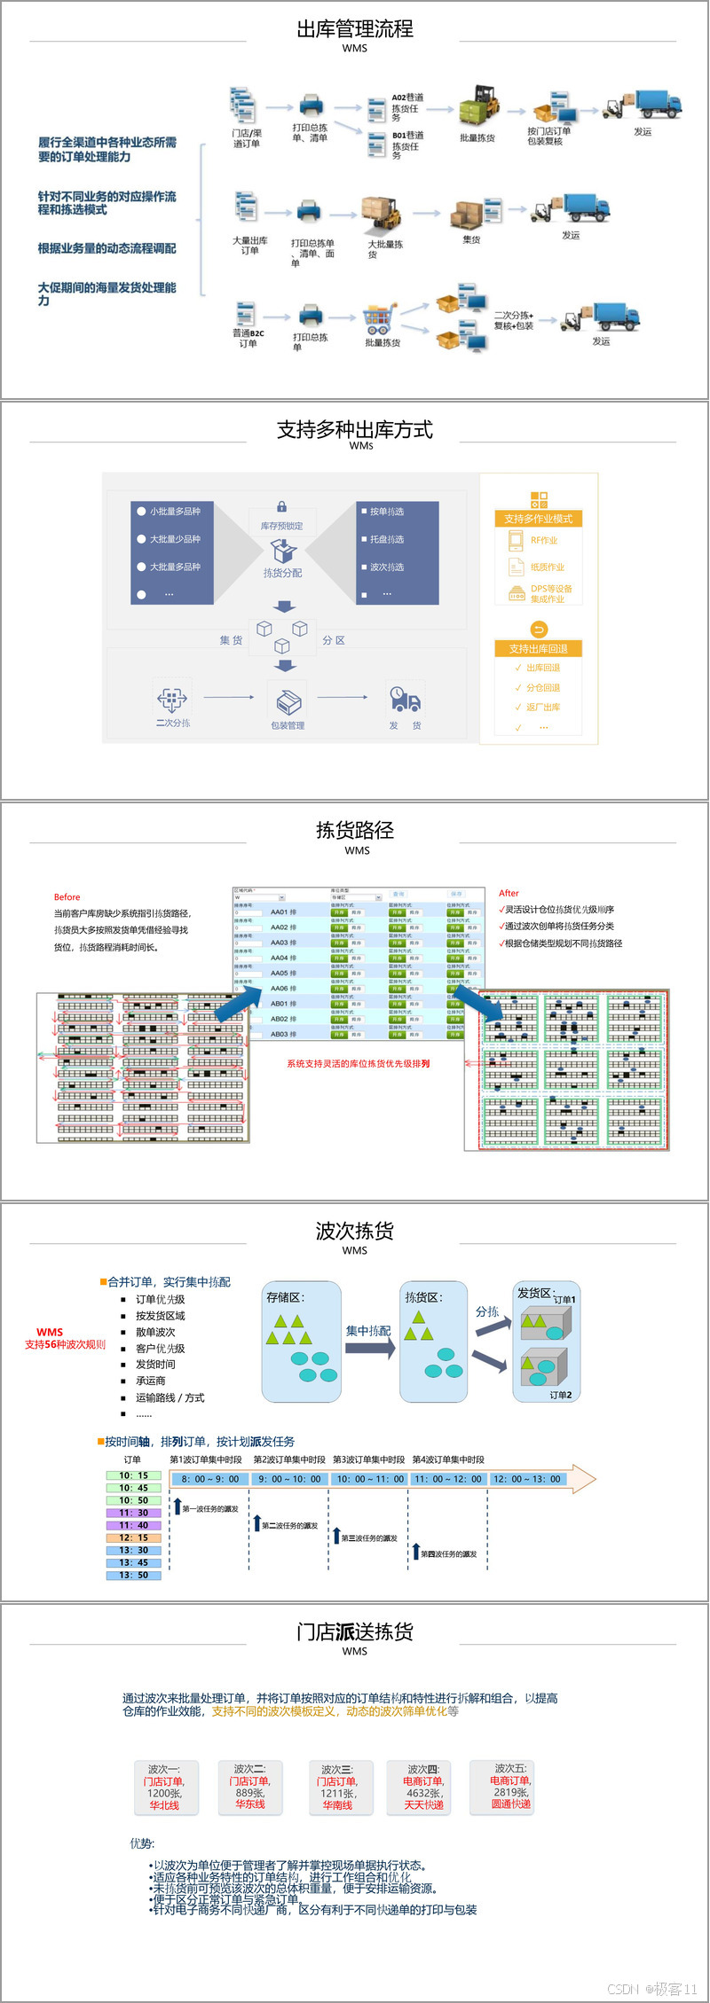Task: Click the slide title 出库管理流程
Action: [354, 29]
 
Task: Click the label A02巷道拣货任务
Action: [407, 107]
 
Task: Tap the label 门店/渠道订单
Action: [247, 138]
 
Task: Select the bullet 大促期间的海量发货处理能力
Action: [106, 293]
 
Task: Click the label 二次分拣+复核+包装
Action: [514, 320]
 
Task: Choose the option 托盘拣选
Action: [386, 539]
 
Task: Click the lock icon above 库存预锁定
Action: [281, 506]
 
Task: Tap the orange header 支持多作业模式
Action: [538, 519]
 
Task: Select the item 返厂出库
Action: [542, 707]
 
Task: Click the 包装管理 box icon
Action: [288, 702]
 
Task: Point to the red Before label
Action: [67, 897]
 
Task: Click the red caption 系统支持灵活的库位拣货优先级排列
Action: [358, 1063]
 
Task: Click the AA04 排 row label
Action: [283, 958]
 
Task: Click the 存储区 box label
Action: [285, 1297]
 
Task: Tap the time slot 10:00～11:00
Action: [369, 1479]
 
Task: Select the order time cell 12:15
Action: [133, 1537]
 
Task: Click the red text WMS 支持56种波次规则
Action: [64, 1338]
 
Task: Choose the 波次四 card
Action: [423, 1787]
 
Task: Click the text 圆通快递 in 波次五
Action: [510, 1803]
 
